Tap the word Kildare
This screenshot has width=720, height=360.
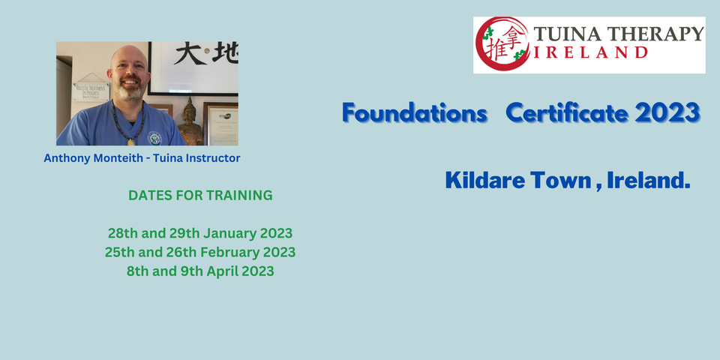(x=481, y=180)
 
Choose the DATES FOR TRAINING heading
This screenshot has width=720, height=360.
(x=200, y=196)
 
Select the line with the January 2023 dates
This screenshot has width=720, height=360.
(x=200, y=232)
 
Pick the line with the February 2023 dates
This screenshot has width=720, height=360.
(x=200, y=252)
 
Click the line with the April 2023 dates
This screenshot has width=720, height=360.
(x=200, y=271)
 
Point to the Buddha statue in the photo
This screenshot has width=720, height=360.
(x=190, y=121)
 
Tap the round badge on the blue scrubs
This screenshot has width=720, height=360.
(x=154, y=137)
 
